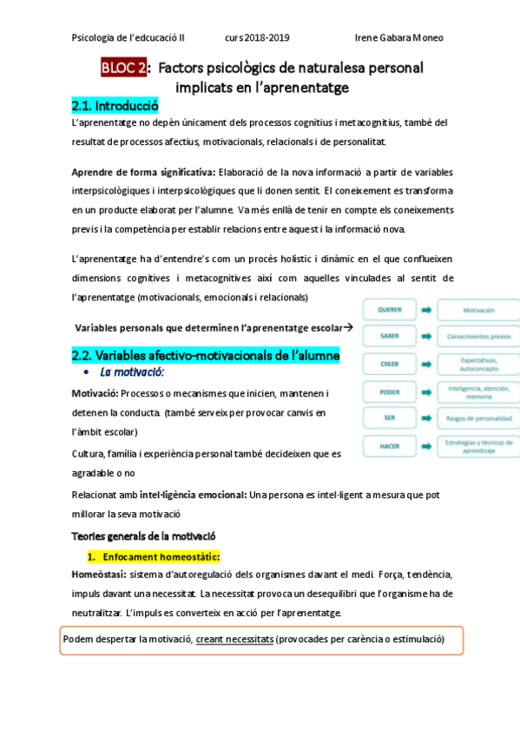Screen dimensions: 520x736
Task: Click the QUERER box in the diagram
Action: tap(388, 310)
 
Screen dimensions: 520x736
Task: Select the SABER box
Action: tap(388, 336)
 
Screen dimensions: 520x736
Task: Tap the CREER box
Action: tap(388, 364)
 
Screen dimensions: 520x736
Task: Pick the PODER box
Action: tap(388, 391)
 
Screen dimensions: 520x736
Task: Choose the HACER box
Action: tap(388, 446)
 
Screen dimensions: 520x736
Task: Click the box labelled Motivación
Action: tap(478, 310)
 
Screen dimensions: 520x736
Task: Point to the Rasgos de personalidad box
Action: tap(478, 418)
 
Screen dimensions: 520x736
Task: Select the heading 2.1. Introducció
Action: tap(115, 106)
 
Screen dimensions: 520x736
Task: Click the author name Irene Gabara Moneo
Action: tap(399, 38)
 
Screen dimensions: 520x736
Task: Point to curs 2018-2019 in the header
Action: tap(257, 38)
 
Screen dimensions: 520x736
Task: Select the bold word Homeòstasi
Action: tap(98, 575)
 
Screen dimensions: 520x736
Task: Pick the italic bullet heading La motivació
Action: tap(132, 372)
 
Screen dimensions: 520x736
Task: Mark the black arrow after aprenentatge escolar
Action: tap(348, 327)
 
